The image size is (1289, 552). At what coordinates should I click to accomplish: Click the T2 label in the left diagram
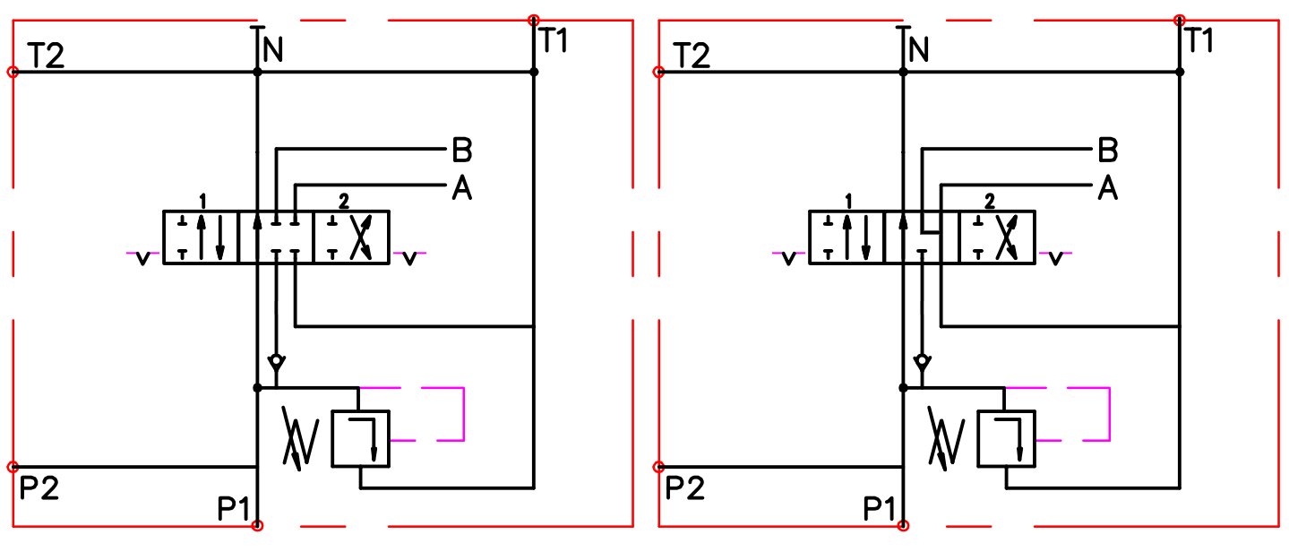tap(46, 56)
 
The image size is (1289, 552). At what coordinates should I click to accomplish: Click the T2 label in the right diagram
tap(692, 56)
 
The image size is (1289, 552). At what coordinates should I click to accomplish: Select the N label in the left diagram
tap(273, 49)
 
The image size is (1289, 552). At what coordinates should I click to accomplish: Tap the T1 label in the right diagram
tap(1199, 40)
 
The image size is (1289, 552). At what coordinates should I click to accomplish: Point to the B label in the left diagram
tap(462, 150)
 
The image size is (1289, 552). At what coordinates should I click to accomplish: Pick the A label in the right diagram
tap(1108, 188)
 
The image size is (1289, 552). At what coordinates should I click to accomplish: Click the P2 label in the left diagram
tap(39, 488)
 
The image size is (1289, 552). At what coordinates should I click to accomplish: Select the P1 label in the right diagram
tap(880, 509)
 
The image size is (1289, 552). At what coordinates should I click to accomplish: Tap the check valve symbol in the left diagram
tap(277, 363)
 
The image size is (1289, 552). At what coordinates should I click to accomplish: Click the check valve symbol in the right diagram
tap(923, 363)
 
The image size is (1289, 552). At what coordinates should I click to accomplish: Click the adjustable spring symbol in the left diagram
tap(300, 438)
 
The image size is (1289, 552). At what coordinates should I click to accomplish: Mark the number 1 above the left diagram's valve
tap(202, 202)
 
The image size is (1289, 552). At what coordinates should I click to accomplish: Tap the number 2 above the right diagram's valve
tap(989, 202)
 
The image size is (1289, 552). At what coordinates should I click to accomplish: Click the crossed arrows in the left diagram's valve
tap(361, 237)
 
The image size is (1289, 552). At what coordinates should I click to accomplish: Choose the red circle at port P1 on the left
tap(258, 525)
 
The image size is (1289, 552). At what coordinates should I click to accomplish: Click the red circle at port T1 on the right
tap(1180, 20)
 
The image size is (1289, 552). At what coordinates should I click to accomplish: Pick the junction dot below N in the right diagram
tap(904, 72)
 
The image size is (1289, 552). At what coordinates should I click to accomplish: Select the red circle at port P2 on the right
tap(659, 467)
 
